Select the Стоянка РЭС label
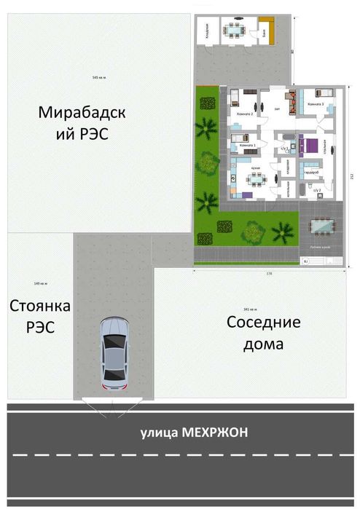coord(33,316)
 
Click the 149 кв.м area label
coord(40,283)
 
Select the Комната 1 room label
coord(247,146)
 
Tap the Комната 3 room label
coord(315,105)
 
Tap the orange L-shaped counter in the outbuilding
coord(267,30)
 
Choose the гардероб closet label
coord(310,172)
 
